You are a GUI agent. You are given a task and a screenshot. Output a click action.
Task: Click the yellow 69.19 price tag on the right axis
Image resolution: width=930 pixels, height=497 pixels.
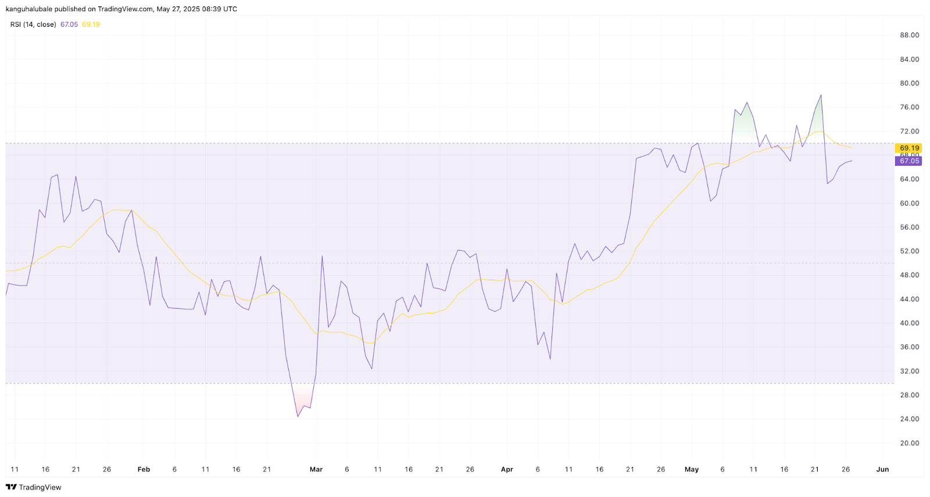909,148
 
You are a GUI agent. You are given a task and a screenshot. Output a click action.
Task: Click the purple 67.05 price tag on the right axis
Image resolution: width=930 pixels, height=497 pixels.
909,161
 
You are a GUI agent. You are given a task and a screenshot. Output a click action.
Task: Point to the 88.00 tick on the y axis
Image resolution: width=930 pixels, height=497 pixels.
909,35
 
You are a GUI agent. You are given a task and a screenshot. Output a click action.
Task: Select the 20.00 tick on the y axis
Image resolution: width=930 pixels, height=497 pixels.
909,443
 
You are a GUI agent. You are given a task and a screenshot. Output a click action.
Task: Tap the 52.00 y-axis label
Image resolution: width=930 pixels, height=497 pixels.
909,251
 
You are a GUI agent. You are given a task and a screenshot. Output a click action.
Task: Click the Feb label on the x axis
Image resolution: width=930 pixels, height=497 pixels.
144,469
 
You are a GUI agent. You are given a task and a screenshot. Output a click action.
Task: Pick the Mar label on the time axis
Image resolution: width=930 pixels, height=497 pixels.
316,469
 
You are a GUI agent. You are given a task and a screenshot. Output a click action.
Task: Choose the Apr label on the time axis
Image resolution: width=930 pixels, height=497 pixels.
507,469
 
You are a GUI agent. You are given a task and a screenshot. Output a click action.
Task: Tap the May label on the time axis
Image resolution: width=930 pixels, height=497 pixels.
691,469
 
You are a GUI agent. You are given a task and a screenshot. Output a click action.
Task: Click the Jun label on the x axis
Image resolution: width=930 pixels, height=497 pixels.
882,469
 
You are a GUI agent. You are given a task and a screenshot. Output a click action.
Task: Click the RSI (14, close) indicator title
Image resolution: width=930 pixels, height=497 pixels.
33,24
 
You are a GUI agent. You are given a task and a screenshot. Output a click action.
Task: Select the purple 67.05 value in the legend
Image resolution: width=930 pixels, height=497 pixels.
69,24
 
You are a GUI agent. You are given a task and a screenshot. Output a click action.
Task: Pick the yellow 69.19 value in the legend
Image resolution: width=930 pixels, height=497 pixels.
91,24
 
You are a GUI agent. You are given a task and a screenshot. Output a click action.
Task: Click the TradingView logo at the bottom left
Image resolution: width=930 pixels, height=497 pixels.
34,487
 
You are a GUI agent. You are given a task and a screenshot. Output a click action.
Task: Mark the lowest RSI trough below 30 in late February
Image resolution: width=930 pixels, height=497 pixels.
298,416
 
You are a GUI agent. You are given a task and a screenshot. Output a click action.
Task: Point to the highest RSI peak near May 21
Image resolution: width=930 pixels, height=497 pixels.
821,95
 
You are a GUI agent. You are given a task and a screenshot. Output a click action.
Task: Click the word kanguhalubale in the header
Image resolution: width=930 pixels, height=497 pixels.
28,9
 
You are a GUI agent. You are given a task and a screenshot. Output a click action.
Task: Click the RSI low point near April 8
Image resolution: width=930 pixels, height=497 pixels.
550,359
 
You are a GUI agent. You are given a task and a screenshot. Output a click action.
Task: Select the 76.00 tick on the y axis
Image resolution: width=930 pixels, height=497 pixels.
909,107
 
